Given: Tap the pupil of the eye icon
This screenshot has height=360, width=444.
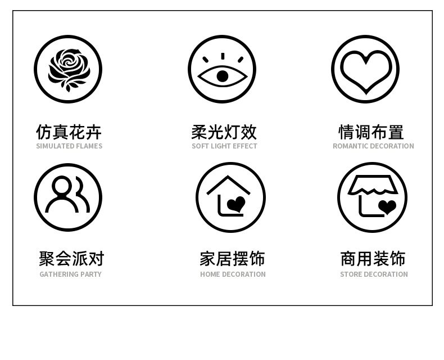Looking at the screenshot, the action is pos(223,76).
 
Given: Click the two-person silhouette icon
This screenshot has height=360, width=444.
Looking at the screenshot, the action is pos(68,196).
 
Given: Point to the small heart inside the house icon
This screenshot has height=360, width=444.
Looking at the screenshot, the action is pos(237,204).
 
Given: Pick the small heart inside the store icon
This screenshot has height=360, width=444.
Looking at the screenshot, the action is pos(387,206).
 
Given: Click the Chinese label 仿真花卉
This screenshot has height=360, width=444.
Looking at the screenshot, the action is pos(69,132).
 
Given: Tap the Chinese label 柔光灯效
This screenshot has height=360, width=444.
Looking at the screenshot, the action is pos(224,132).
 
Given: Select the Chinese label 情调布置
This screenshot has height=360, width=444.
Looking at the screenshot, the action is pos(371,132).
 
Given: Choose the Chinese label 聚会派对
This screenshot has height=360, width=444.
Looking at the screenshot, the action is pos(71,259).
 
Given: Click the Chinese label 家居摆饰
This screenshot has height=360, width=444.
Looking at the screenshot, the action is pos(232,259).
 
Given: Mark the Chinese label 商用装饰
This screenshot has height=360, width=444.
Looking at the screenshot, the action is pos(373,259).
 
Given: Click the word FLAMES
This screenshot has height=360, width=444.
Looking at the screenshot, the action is pos(89,146).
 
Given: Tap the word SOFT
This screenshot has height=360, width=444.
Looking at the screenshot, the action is pos(200,146).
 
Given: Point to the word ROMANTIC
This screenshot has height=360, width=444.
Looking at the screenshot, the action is pos(351,146).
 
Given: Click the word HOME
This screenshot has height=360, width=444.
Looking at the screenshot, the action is pos(210,274).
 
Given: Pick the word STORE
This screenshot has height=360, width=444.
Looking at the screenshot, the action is pos(351,274).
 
